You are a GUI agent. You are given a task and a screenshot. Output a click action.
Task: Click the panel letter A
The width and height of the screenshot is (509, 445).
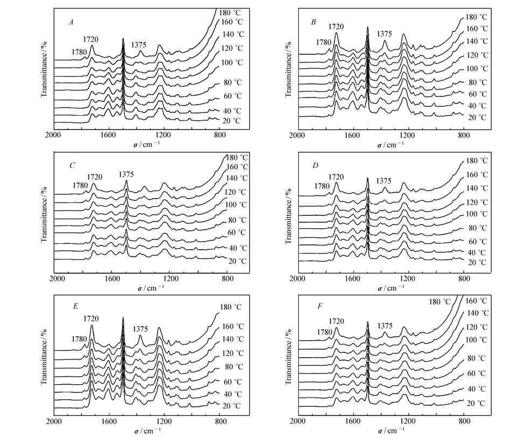[x=71, y=22]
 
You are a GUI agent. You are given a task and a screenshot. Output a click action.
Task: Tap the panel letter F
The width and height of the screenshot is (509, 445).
[x=313, y=306]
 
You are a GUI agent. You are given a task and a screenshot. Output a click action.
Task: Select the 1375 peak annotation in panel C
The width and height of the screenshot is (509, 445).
[x=126, y=174]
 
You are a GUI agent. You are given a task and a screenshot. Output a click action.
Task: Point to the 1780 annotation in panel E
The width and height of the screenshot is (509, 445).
[x=81, y=340]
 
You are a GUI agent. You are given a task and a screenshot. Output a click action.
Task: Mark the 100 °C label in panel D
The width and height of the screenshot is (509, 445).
[x=476, y=214]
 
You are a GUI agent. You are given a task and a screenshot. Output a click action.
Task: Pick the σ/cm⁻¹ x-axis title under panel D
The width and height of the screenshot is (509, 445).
[x=392, y=288]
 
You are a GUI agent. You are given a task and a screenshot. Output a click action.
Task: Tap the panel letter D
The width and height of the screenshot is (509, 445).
[x=313, y=164]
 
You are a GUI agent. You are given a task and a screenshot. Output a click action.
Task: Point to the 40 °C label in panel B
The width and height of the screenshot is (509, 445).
[x=476, y=105]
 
